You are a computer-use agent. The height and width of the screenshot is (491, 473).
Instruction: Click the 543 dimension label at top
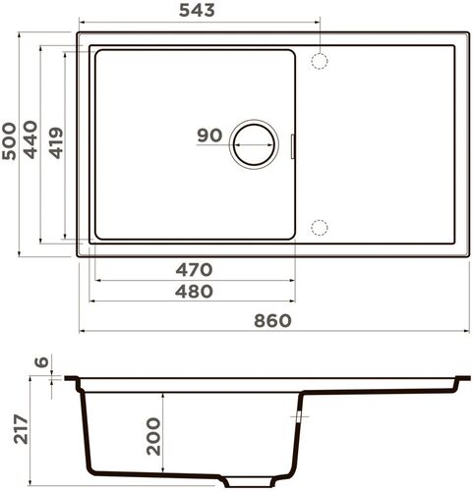point(198,11)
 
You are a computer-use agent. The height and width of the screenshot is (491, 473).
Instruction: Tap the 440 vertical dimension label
point(31,141)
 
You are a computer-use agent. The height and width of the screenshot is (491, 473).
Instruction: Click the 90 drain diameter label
point(208,136)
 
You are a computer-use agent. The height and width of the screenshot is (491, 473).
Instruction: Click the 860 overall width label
point(272,321)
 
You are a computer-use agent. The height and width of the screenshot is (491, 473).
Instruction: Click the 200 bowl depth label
point(152,435)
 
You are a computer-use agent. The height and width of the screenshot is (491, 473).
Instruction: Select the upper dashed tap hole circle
point(319,61)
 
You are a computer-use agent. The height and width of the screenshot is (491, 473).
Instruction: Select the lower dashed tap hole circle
point(319,228)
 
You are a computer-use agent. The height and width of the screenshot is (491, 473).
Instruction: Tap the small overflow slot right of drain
point(295,145)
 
